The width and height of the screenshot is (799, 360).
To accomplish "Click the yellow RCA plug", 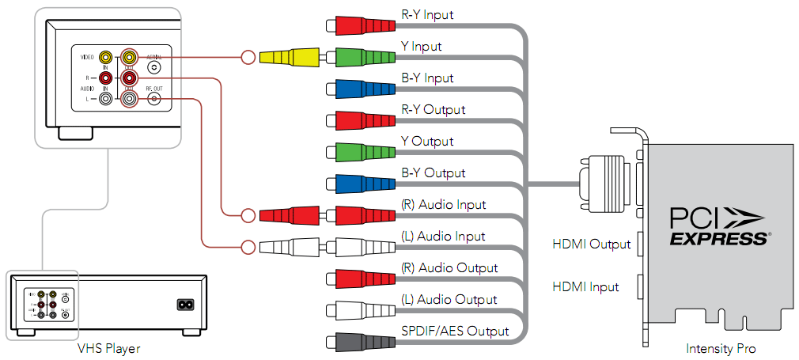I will tap(289, 57).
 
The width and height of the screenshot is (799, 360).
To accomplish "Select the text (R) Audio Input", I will tap(443, 204).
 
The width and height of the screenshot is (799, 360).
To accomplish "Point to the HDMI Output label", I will tap(591, 244).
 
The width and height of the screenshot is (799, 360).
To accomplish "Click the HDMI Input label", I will tap(585, 287).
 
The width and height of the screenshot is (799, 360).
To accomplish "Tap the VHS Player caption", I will tap(108, 348).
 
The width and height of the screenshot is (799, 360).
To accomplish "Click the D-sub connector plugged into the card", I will tap(605, 184).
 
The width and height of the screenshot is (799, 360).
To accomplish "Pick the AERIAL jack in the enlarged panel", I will tap(154, 68).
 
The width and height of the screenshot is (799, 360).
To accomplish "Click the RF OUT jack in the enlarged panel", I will tap(154, 99).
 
